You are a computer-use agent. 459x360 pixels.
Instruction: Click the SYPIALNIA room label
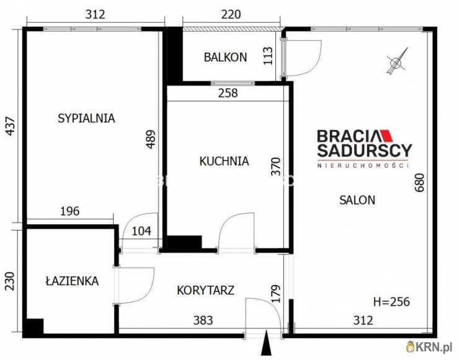click(x=86, y=118)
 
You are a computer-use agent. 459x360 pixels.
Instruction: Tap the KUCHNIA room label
click(x=224, y=161)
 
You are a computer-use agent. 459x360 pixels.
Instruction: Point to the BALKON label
click(x=225, y=58)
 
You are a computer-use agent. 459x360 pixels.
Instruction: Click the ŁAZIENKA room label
click(x=72, y=281)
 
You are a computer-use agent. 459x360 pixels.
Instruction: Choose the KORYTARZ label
click(x=205, y=290)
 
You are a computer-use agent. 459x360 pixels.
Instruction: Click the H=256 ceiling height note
click(x=391, y=302)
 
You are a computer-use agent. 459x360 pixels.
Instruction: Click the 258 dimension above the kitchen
click(x=228, y=94)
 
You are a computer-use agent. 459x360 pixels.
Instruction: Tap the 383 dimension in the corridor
click(x=203, y=320)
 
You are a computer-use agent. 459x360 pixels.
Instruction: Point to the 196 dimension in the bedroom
click(x=70, y=211)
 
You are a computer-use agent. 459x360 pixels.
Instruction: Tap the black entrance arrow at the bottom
click(x=267, y=343)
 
